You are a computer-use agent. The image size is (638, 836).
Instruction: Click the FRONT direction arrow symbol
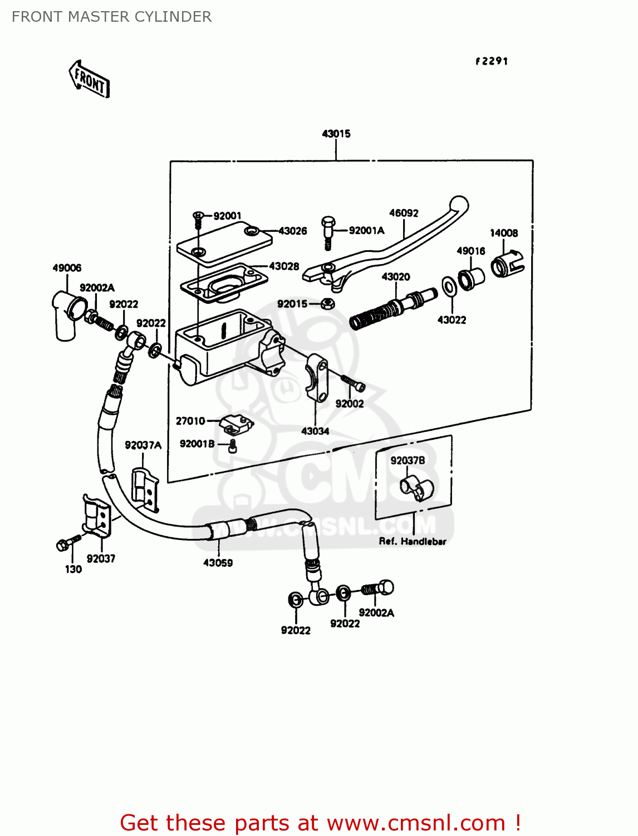[x=89, y=80]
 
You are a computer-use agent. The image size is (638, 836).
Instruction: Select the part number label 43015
[x=336, y=134]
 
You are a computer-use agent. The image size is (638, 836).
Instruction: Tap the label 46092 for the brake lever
[x=404, y=213]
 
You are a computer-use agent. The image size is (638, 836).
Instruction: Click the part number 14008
[x=504, y=233]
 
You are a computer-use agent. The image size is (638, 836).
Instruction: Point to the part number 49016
[x=471, y=251]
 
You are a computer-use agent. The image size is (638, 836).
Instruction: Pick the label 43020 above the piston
[x=396, y=276]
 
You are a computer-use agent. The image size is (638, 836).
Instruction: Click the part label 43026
[x=293, y=231]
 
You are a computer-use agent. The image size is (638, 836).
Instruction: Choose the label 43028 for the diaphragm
[x=284, y=266]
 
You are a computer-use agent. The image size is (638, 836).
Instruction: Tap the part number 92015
[x=292, y=304]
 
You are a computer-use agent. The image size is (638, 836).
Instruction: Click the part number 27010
[x=190, y=421]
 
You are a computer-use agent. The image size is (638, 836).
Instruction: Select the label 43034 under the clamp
[x=315, y=431]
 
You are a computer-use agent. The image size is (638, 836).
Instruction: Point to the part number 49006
[x=67, y=268]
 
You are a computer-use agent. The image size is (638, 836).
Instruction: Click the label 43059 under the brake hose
[x=218, y=563]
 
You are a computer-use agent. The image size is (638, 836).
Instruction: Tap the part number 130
[x=73, y=569]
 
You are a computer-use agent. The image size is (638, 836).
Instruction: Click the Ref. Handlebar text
[x=413, y=541]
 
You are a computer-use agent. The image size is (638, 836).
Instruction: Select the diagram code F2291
[x=492, y=61]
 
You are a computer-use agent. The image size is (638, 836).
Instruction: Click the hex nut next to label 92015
[x=328, y=304]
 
